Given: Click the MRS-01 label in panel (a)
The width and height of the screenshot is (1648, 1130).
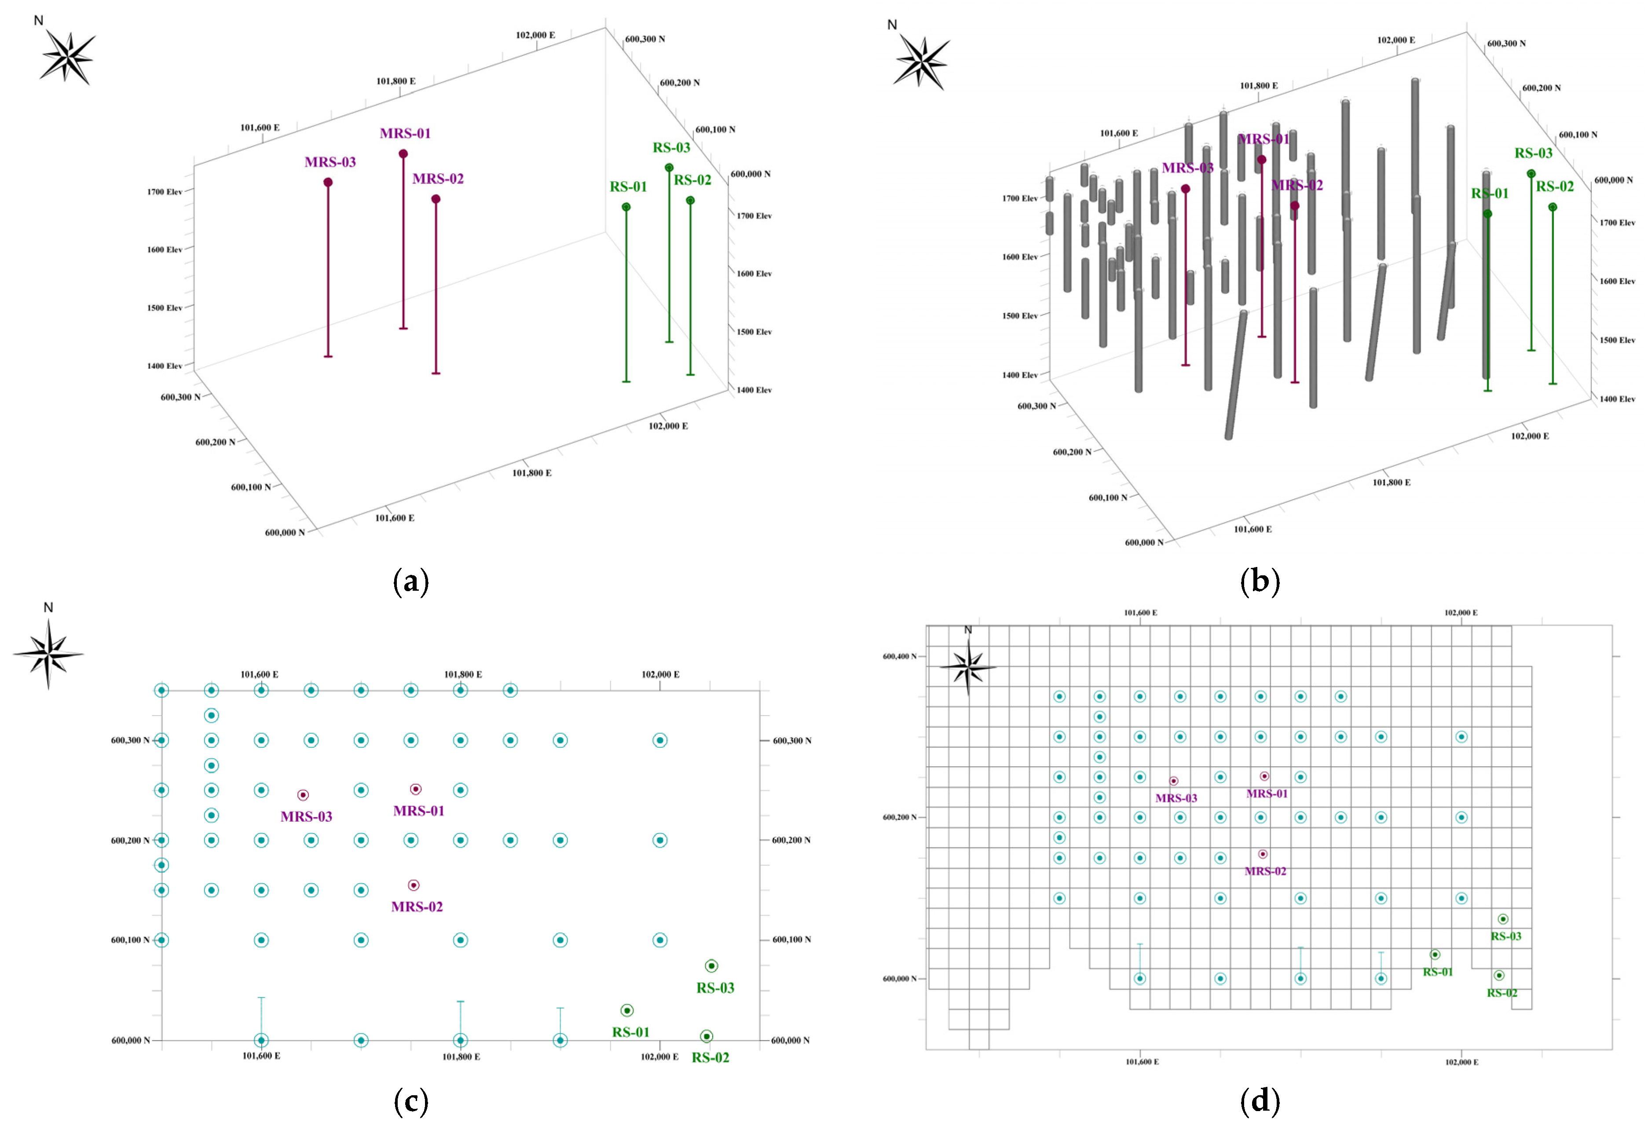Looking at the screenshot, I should point(405,133).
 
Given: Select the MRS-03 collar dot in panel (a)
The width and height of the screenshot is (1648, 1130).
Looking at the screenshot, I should point(328,182).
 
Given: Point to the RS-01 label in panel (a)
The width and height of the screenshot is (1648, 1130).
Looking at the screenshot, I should point(628,187).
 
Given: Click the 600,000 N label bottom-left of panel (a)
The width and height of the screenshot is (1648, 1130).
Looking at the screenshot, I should point(284,532).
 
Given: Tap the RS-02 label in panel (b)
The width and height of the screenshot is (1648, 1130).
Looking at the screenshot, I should point(1554,187).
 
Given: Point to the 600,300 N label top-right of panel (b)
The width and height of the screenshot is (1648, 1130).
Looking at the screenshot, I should point(1506,43).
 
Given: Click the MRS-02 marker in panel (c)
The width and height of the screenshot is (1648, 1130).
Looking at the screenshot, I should point(414,885).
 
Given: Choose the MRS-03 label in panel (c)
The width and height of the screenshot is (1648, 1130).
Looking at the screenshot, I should point(306,817).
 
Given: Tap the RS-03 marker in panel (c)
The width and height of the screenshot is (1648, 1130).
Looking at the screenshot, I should point(711,965).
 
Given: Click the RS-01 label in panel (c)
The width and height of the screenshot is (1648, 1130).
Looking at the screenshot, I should point(630,1032).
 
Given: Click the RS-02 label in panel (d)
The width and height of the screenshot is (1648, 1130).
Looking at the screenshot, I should point(1502,992).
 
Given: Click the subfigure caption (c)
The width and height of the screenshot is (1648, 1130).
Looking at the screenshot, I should point(410,1101).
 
